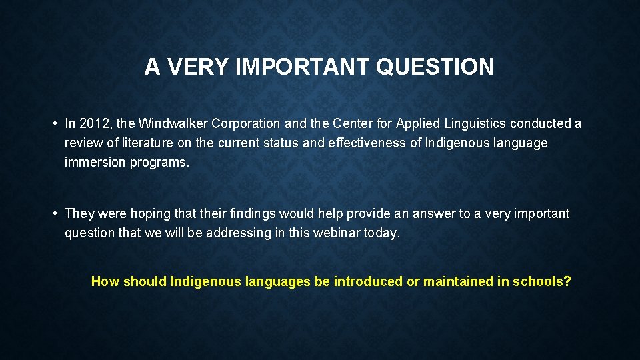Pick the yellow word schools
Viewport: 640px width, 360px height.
coord(541,281)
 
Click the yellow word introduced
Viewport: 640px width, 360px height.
coord(368,281)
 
